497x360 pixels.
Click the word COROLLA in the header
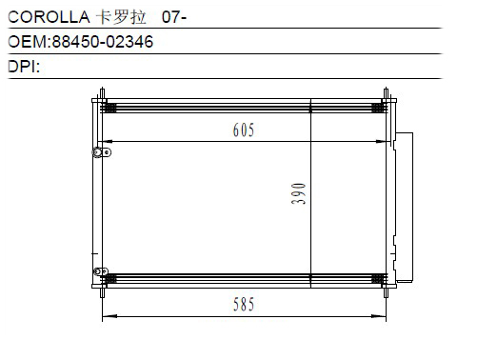(x=49, y=17)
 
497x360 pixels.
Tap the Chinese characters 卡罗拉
(x=121, y=17)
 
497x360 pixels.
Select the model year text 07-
(x=174, y=17)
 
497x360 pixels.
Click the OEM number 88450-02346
(x=103, y=42)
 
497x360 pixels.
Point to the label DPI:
(x=24, y=67)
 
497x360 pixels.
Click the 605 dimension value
(x=244, y=130)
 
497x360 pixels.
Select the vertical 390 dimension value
(x=298, y=193)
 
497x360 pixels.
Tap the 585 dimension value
(x=244, y=304)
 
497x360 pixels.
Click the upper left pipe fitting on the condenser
(x=102, y=152)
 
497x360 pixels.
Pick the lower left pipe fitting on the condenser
(x=101, y=271)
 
